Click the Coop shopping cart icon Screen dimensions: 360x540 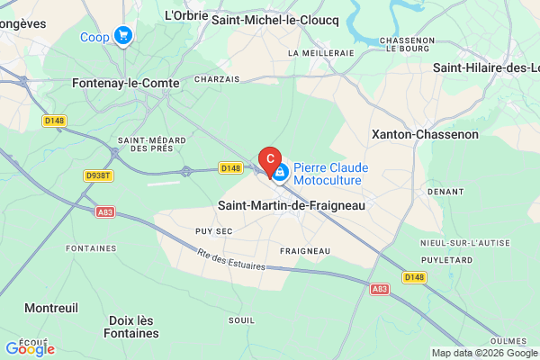(123, 37)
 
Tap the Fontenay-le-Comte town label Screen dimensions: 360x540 (126, 82)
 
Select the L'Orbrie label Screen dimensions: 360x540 (186, 15)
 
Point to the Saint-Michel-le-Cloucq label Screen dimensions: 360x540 (274, 17)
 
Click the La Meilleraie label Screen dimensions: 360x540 (320, 53)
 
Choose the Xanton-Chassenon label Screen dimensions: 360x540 (426, 134)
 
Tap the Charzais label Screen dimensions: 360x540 (216, 78)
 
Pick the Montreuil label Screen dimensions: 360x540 (51, 308)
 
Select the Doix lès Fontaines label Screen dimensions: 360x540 (133, 327)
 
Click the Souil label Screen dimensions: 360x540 (242, 319)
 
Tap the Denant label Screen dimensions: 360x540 (445, 192)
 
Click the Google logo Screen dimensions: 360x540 (30, 348)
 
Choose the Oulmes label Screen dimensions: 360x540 (510, 339)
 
